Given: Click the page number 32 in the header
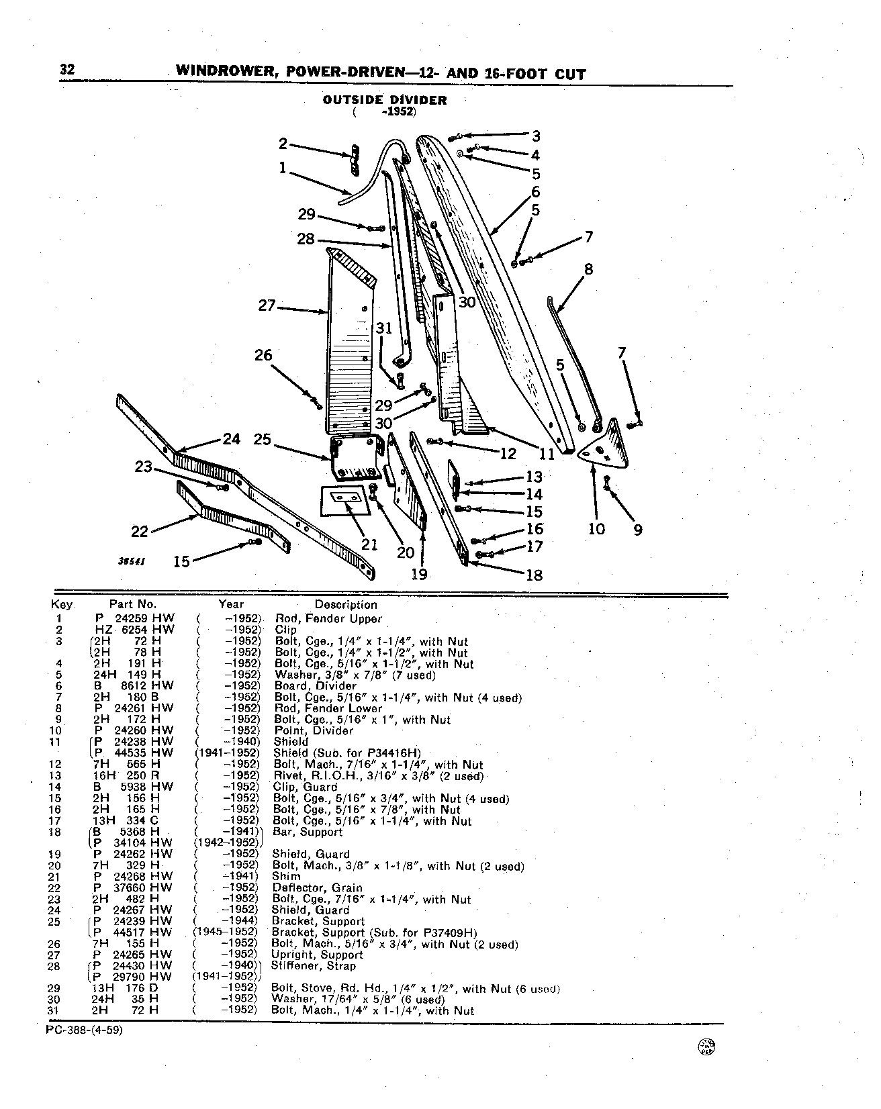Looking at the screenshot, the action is pos(67,70).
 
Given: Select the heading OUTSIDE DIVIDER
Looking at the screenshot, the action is pos(385,100).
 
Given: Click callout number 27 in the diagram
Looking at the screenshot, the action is pos(267,305).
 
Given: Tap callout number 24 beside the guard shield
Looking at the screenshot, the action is pos(232,440).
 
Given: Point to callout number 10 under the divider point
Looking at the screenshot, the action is pos(596,529).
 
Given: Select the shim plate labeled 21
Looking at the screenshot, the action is pos(345,501).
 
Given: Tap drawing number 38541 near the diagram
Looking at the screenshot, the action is pos(133,559).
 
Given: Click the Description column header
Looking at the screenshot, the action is pos(346,605).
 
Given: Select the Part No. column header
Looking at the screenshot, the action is pos(133,605).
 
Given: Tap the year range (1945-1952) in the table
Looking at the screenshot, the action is pos(226,932).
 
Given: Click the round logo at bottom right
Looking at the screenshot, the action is pos(707,1065).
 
